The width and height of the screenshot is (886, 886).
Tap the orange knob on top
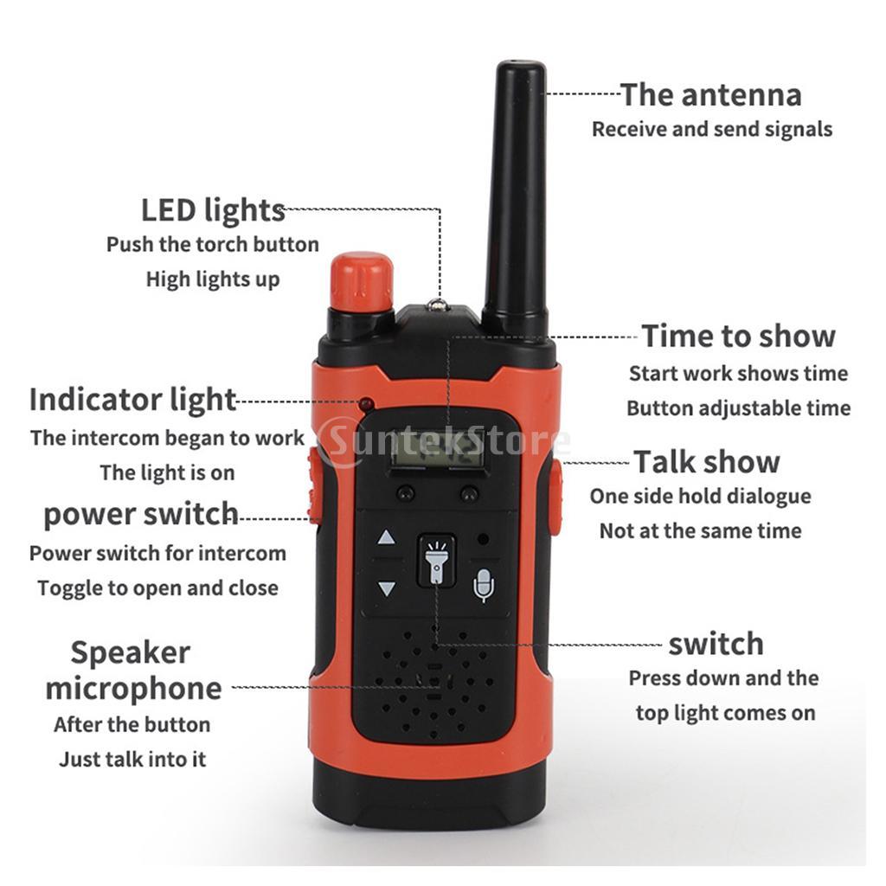362,281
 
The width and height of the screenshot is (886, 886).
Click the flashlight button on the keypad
437,560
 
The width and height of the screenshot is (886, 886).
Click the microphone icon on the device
484,585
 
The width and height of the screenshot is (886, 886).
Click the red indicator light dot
367,403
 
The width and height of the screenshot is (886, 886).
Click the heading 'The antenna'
711,95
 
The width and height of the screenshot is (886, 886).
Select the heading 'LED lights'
213,210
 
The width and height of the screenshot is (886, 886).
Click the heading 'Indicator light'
132,400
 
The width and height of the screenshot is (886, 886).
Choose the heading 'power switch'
141,514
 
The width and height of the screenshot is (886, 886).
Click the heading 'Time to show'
739,337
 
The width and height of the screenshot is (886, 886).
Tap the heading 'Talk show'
707,462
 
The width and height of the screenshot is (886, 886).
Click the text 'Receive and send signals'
712,130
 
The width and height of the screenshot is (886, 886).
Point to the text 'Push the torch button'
213,245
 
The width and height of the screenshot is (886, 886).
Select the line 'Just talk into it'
132,760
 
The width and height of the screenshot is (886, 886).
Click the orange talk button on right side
555,498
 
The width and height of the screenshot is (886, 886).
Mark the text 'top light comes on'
726,714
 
